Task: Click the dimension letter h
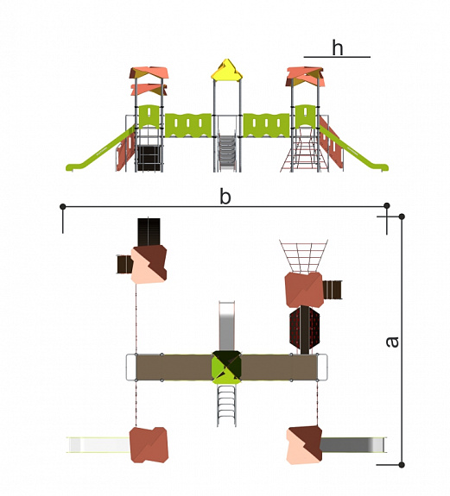pos(337,47)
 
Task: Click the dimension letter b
pos(225,196)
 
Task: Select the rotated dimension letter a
pos(393,342)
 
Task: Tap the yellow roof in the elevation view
pos(227,69)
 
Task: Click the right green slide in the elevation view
pos(354,148)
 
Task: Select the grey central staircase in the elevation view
pos(227,153)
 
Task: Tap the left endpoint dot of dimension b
pos(63,206)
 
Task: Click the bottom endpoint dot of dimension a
pos(402,465)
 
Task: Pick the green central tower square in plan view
pos(226,367)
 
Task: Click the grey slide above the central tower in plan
pos(227,326)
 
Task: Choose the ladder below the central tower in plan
pos(227,405)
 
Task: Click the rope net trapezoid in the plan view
pos(303,255)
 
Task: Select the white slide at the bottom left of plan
pos(98,445)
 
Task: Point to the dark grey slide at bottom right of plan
pos(353,444)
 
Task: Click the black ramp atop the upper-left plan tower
pos(149,232)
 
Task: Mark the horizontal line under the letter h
pos(337,57)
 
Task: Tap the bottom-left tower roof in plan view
pos(149,445)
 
